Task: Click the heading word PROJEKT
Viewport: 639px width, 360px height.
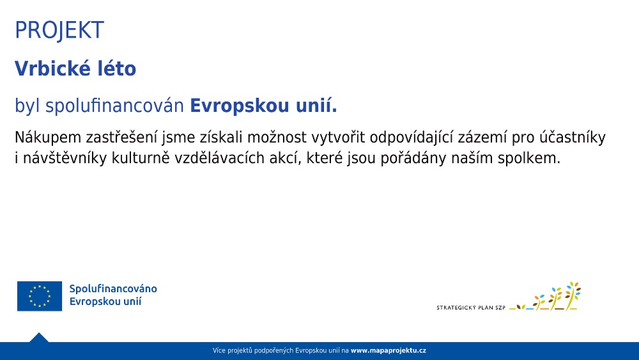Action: click(x=59, y=30)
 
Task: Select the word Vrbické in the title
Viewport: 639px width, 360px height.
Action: click(x=52, y=68)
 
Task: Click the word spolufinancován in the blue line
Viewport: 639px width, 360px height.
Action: click(x=114, y=106)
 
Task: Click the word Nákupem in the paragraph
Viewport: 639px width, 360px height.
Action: click(x=48, y=138)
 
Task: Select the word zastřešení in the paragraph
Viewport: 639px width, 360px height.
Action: click(x=121, y=138)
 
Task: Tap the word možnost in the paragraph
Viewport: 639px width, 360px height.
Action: click(x=277, y=138)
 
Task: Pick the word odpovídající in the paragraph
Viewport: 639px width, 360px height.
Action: click(x=412, y=138)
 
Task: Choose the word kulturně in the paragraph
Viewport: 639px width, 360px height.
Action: click(x=141, y=158)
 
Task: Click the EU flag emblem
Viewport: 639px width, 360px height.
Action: click(x=40, y=296)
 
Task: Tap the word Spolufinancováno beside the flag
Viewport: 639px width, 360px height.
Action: click(x=113, y=288)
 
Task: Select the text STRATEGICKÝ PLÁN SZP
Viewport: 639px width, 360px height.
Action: click(x=471, y=308)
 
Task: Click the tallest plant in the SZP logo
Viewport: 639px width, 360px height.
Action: click(x=573, y=295)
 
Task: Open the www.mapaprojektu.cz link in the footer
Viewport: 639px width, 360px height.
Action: click(x=389, y=350)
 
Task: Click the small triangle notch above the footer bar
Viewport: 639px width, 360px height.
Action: click(x=39, y=338)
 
